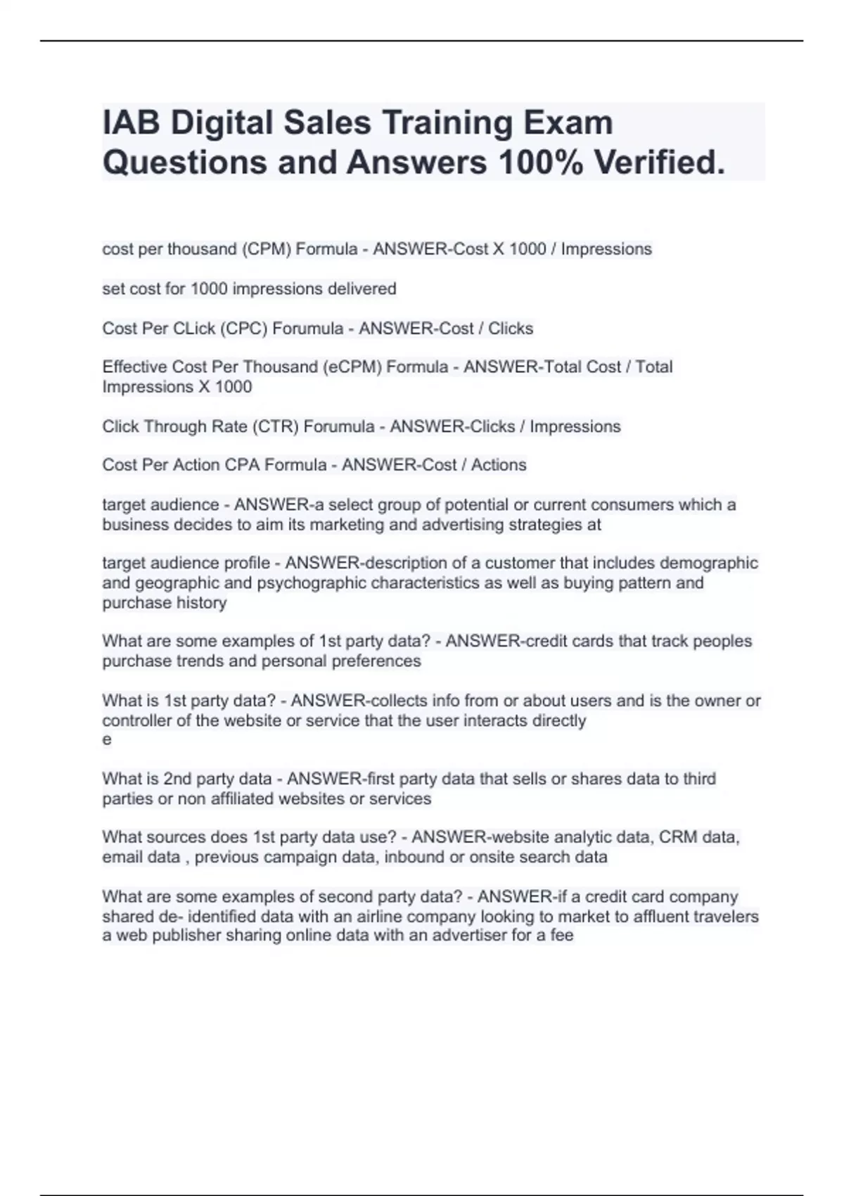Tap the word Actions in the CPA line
click(x=499, y=464)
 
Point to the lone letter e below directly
click(x=107, y=739)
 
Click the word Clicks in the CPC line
click(x=511, y=329)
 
